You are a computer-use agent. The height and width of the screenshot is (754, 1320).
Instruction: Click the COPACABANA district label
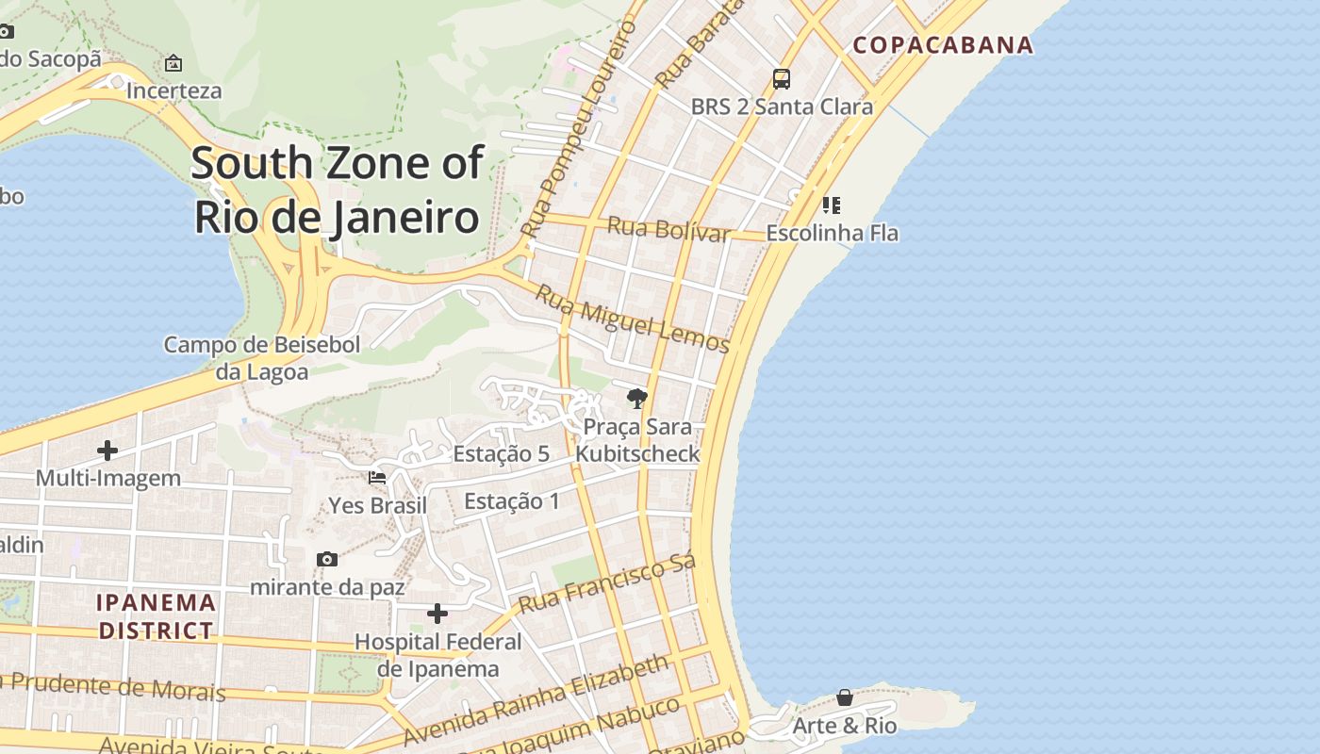tap(943, 44)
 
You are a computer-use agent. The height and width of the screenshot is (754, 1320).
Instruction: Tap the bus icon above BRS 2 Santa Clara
tap(781, 78)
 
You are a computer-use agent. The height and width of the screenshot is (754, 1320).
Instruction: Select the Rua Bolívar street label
tap(668, 229)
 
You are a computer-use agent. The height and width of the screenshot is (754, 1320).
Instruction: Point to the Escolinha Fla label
tap(832, 233)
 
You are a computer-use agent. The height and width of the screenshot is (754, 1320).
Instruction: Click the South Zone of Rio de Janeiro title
tap(338, 189)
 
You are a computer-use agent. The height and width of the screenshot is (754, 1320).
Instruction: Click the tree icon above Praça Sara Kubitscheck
tap(637, 398)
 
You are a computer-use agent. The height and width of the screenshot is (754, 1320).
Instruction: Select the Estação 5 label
tap(501, 453)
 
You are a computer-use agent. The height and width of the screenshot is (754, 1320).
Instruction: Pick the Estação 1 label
tap(511, 500)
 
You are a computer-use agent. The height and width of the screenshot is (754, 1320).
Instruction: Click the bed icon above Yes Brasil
tap(377, 478)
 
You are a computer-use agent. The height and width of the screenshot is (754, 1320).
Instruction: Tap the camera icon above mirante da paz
tap(327, 559)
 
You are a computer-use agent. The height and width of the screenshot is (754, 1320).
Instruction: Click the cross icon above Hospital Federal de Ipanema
tap(437, 614)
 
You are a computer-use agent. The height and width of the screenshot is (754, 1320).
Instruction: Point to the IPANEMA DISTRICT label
tap(157, 615)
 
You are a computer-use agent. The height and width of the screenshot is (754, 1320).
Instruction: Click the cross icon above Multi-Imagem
tap(107, 451)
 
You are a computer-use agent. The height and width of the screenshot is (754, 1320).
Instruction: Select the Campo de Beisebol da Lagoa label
tap(261, 358)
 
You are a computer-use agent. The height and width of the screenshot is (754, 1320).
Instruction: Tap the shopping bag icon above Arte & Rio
tap(845, 697)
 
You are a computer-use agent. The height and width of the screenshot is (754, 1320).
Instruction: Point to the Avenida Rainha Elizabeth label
tap(536, 700)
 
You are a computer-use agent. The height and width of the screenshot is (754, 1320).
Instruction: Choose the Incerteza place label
tap(173, 90)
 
